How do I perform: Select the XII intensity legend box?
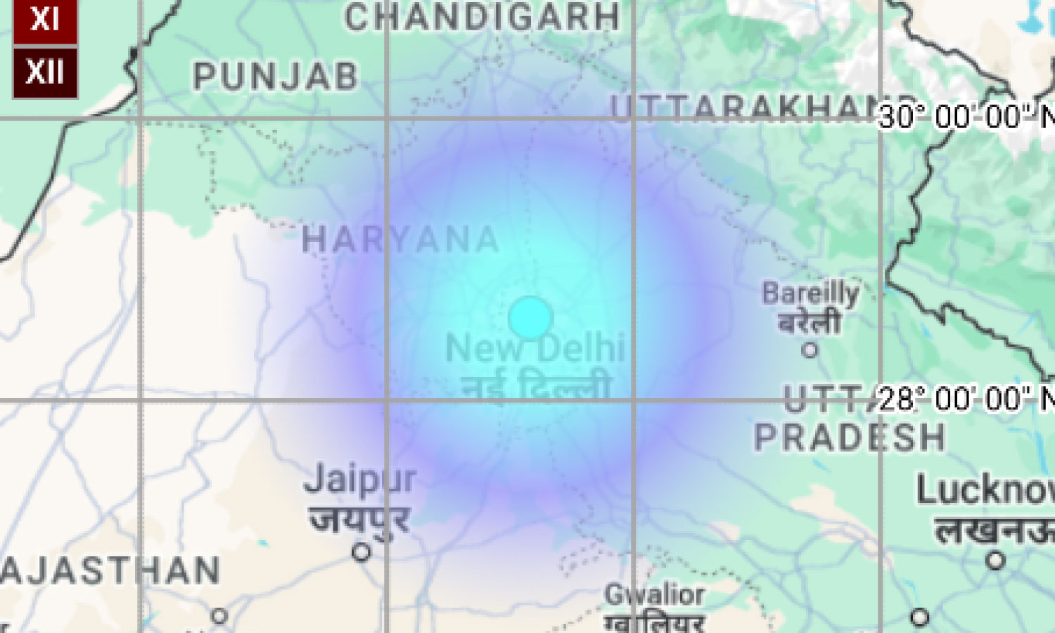pyautogui.click(x=45, y=72)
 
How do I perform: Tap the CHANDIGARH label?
pyautogui.click(x=482, y=17)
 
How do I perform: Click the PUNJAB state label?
pyautogui.click(x=276, y=76)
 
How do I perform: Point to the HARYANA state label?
pyautogui.click(x=400, y=241)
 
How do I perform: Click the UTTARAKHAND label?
pyautogui.click(x=746, y=109)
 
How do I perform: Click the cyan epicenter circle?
pyautogui.click(x=530, y=318)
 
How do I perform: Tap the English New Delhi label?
pyautogui.click(x=535, y=348)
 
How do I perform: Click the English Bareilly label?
pyautogui.click(x=810, y=293)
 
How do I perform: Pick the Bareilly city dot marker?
pyautogui.click(x=810, y=350)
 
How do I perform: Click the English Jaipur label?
pyautogui.click(x=360, y=480)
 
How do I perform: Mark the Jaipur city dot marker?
pyautogui.click(x=362, y=552)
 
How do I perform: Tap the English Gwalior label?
pyautogui.click(x=654, y=595)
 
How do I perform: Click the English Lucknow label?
pyautogui.click(x=985, y=490)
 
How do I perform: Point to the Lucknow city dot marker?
pyautogui.click(x=995, y=561)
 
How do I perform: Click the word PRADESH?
pyautogui.click(x=850, y=437)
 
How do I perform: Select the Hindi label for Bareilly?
pyautogui.click(x=810, y=322)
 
